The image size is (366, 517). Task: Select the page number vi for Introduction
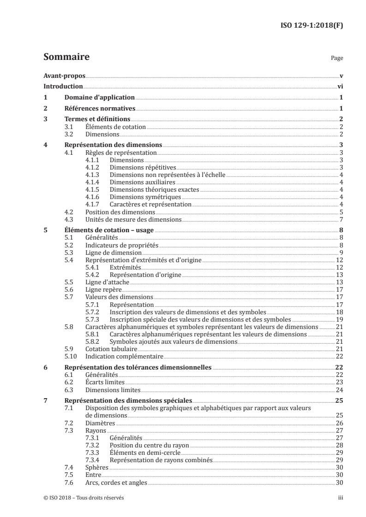340,86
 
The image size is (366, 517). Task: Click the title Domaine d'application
100,97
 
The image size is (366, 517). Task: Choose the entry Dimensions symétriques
138,197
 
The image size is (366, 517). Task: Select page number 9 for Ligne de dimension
341,253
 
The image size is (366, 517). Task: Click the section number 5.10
71,356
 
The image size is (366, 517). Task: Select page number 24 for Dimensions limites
339,390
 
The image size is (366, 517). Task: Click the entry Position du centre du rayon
150,446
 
